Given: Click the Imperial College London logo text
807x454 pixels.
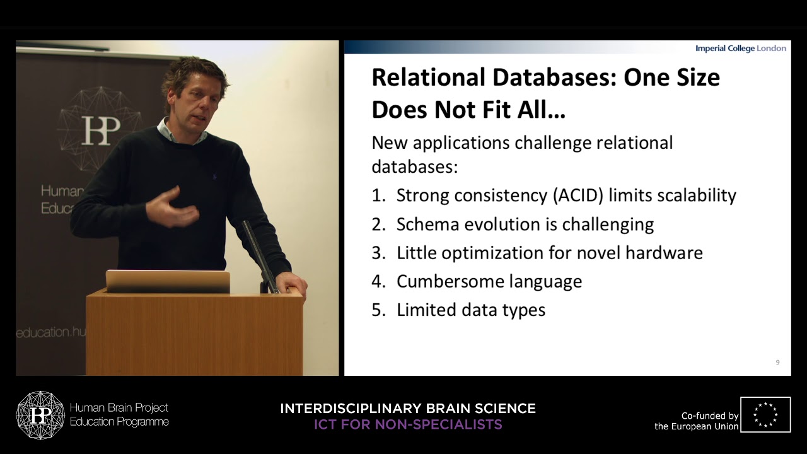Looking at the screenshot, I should coord(741,49).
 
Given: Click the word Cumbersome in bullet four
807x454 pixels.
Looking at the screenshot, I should coord(450,281).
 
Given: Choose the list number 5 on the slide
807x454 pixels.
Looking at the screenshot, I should coord(378,310).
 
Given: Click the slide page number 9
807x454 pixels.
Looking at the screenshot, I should coord(777,363).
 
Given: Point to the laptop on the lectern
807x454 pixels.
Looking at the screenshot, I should coord(168,281).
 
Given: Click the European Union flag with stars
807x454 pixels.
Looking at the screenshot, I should coord(765,414).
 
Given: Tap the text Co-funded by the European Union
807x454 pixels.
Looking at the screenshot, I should coord(696,421).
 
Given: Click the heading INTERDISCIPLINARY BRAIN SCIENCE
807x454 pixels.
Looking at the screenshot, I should coord(408,409).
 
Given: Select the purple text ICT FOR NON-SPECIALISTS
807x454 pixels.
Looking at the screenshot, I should coord(408,424).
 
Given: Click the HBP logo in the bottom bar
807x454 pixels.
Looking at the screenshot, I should coord(40,415).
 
